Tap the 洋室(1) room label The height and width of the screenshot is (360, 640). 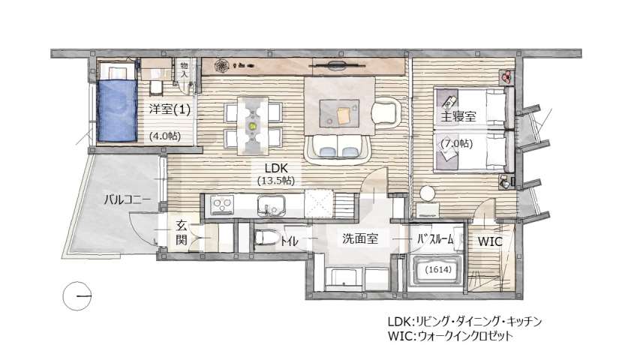click(x=169, y=109)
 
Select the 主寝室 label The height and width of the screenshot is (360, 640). click(x=459, y=116)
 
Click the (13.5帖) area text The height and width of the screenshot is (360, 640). click(x=276, y=181)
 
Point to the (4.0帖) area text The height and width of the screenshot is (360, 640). click(x=164, y=136)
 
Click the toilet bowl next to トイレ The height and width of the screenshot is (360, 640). click(x=265, y=238)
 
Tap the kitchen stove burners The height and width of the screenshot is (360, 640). click(x=223, y=204)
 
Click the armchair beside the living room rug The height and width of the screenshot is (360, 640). click(x=387, y=112)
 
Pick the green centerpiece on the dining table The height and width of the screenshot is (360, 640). click(x=253, y=126)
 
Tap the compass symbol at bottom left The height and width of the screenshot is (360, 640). click(x=78, y=296)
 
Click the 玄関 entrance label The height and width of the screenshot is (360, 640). click(x=182, y=232)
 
